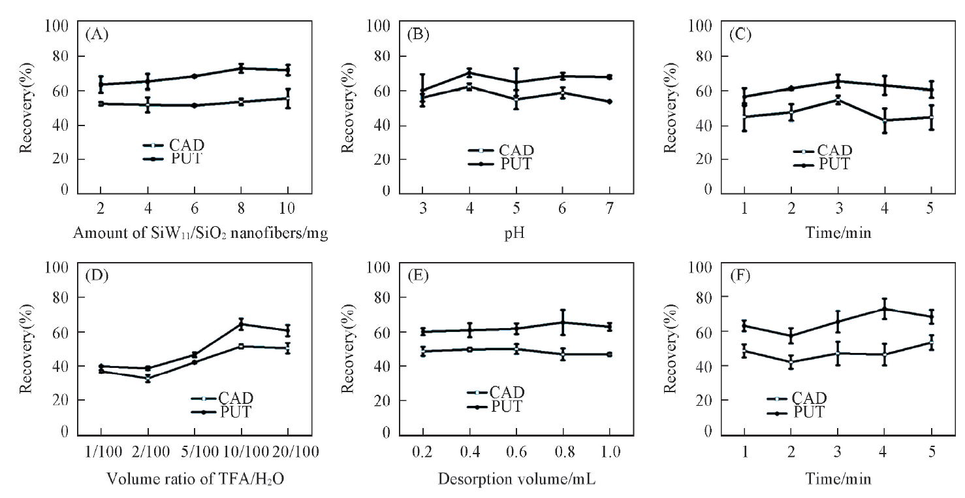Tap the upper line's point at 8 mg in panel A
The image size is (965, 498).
click(241, 68)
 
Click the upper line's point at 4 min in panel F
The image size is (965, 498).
click(885, 309)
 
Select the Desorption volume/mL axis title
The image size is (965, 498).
click(516, 479)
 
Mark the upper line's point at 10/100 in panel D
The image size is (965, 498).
click(241, 324)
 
